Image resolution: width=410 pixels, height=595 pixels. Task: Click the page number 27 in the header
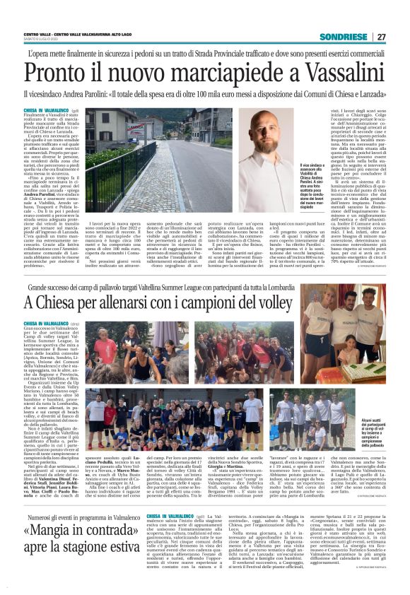(x=400, y=37)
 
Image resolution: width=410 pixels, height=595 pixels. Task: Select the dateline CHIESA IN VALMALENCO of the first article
(x=43, y=111)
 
